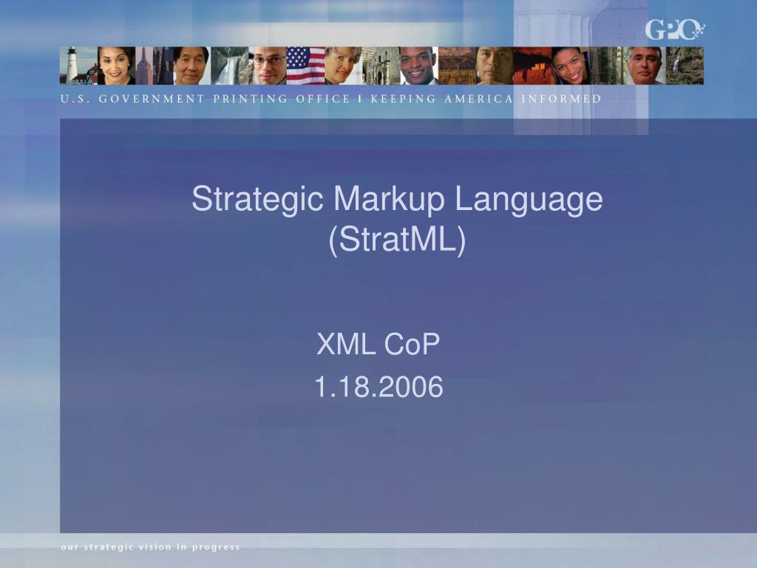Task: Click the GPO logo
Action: point(675,30)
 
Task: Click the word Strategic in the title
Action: point(257,198)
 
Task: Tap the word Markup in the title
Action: point(389,198)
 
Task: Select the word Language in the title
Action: point(529,198)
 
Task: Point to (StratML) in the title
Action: point(397,240)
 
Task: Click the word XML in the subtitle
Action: point(346,344)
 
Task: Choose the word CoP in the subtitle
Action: point(412,344)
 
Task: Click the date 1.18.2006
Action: point(378,387)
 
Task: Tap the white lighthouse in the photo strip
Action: point(72,64)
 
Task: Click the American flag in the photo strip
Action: point(305,66)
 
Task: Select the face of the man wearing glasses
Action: point(268,64)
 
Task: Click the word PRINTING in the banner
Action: point(251,99)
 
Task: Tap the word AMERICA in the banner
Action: point(478,99)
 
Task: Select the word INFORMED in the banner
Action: point(562,99)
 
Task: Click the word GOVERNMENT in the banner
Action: point(152,99)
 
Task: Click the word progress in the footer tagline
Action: point(216,548)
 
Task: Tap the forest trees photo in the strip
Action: point(608,66)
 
